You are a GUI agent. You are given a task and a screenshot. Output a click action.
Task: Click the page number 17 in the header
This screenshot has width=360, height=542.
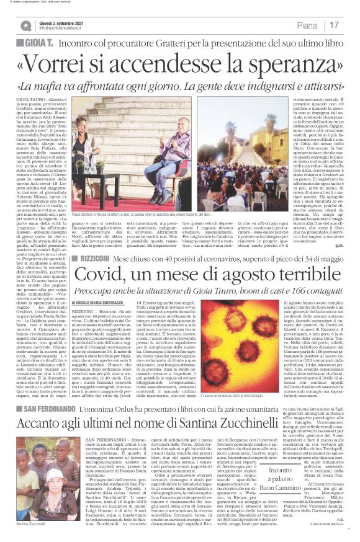pyautogui.click(x=335, y=25)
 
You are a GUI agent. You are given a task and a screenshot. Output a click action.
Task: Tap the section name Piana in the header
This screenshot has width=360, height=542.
pyautogui.click(x=306, y=25)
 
